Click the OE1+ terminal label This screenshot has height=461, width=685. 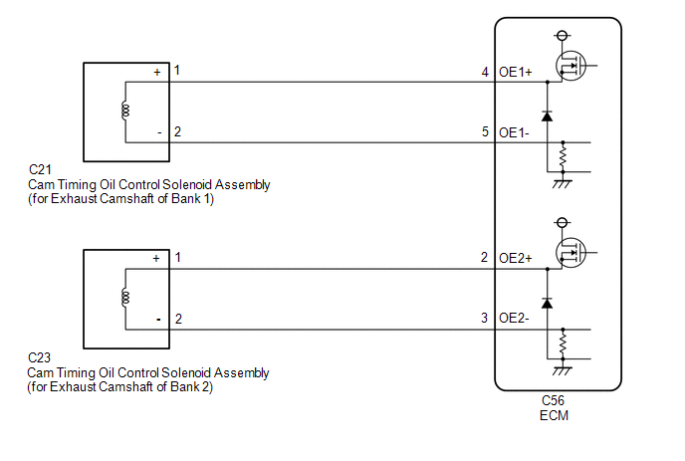click(x=516, y=72)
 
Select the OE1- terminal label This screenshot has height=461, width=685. click(x=514, y=132)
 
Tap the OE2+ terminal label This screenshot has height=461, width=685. click(x=516, y=258)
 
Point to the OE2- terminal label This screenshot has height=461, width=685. click(x=514, y=318)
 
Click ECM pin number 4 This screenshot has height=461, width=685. click(x=485, y=72)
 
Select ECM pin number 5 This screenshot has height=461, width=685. click(x=485, y=131)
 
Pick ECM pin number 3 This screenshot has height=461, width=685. click(x=484, y=318)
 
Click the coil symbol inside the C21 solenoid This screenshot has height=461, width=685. click(x=125, y=111)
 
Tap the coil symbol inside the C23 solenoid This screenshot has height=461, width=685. click(x=125, y=297)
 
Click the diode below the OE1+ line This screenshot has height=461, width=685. click(x=547, y=116)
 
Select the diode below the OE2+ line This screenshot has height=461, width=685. click(x=547, y=303)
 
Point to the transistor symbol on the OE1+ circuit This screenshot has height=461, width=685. click(x=571, y=66)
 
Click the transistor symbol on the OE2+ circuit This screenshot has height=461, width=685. click(x=571, y=253)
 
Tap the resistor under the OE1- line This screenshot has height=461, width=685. click(x=563, y=157)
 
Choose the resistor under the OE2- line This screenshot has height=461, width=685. click(x=563, y=344)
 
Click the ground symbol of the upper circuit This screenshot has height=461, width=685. click(x=563, y=183)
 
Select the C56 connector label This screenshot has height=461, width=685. click(x=553, y=400)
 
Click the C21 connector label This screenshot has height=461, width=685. click(x=40, y=169)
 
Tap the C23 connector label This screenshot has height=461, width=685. click(x=39, y=357)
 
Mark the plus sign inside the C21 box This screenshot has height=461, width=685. click(x=157, y=73)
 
